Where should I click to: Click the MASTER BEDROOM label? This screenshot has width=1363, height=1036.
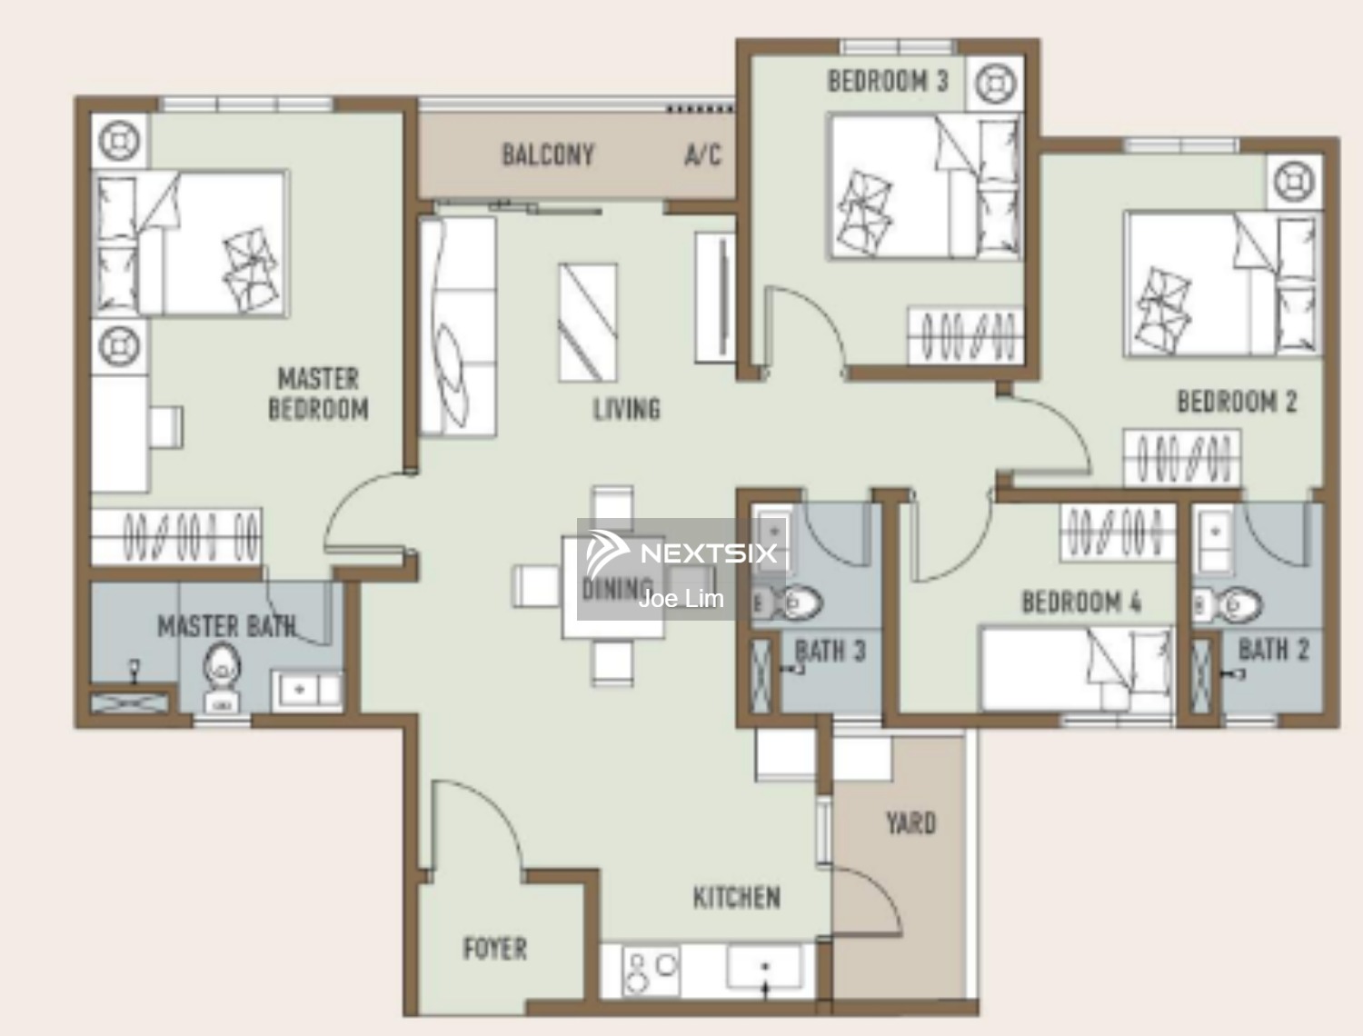318,394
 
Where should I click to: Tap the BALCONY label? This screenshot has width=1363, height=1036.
548,154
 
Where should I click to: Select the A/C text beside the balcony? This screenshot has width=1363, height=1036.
703,154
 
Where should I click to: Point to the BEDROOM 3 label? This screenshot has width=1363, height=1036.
888,81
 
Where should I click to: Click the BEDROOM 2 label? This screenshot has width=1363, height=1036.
1237,402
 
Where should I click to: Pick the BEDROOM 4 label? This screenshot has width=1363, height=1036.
1081,602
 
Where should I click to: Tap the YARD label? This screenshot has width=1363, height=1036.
911,823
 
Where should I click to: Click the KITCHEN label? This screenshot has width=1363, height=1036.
736,897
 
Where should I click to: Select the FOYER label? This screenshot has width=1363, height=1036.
495,949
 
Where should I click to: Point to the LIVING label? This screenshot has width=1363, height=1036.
627,409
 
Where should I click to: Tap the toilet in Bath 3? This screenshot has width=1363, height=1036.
788,603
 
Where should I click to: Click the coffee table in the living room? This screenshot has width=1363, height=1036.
587,323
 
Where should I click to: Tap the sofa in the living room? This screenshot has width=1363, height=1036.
458,326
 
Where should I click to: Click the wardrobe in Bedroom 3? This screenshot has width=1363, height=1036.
965,334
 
